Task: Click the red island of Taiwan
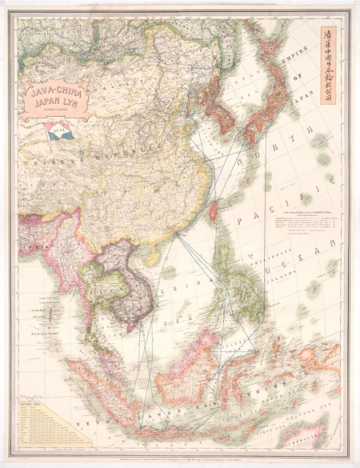[213, 210]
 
